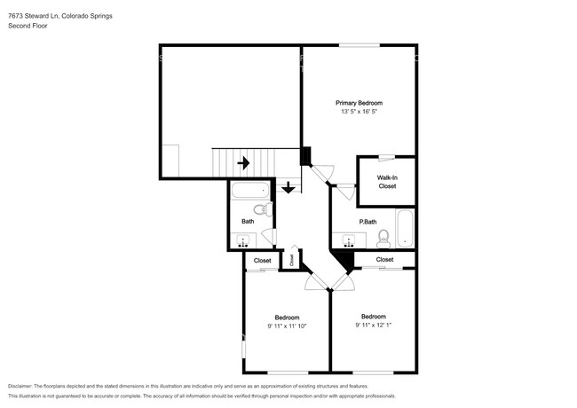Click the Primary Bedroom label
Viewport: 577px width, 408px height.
click(x=359, y=103)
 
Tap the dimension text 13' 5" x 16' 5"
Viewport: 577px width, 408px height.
click(x=359, y=112)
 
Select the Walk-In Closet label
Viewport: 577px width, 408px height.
click(x=387, y=182)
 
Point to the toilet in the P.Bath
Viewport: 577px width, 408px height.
click(x=383, y=237)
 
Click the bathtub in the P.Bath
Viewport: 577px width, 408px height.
click(x=405, y=229)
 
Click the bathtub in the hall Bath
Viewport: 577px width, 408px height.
click(x=250, y=190)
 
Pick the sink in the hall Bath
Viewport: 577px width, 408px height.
click(x=244, y=239)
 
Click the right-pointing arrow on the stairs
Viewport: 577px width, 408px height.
click(x=243, y=162)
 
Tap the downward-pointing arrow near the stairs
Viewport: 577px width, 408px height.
click(x=288, y=187)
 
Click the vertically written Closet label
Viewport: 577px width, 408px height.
click(x=291, y=259)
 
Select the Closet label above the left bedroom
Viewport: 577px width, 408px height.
click(x=263, y=261)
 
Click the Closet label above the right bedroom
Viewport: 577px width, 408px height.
click(x=384, y=259)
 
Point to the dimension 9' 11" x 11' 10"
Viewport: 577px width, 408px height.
click(x=286, y=326)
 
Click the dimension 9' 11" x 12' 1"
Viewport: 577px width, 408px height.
click(x=373, y=325)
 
